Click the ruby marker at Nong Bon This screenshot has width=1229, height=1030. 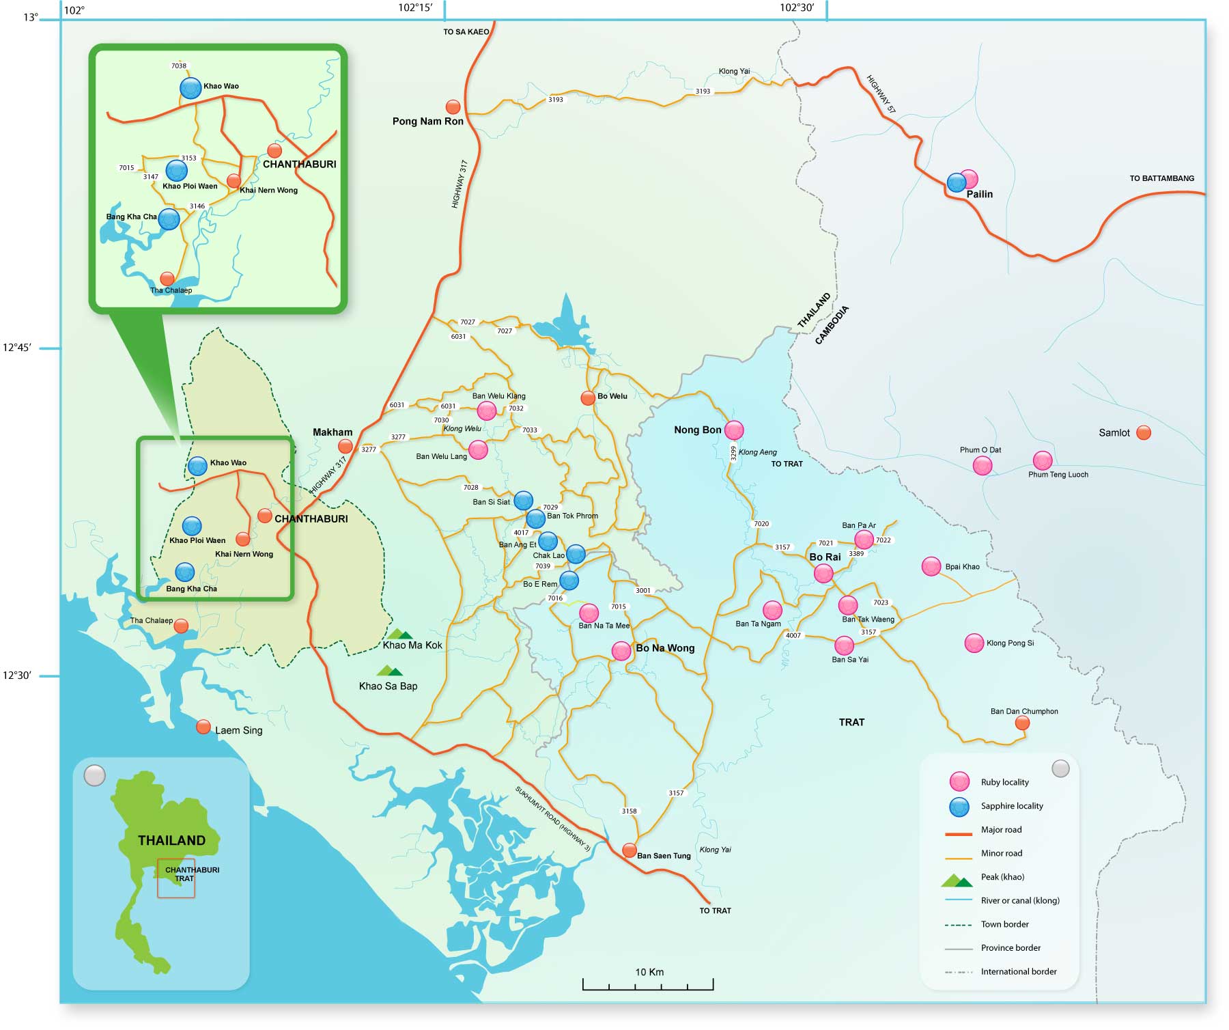pyautogui.click(x=733, y=430)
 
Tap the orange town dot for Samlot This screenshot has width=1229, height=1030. pyautogui.click(x=1143, y=432)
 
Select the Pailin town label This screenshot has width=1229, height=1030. pyautogui.click(x=979, y=194)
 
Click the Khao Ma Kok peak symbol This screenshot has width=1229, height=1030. pyautogui.click(x=399, y=634)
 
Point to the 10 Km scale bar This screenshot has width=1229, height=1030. pyautogui.click(x=647, y=984)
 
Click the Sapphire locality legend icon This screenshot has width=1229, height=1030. pyautogui.click(x=959, y=806)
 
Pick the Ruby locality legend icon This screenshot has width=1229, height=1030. pyautogui.click(x=959, y=782)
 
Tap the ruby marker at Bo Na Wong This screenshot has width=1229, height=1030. pyautogui.click(x=621, y=650)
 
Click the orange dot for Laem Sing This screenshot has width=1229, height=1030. pyautogui.click(x=203, y=727)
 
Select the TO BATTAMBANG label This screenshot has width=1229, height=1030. pyautogui.click(x=1161, y=178)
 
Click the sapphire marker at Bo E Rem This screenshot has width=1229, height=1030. pyautogui.click(x=569, y=581)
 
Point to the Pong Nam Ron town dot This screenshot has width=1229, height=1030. pyautogui.click(x=453, y=107)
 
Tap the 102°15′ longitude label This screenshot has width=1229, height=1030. pyautogui.click(x=416, y=8)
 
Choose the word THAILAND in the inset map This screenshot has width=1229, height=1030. pyautogui.click(x=171, y=841)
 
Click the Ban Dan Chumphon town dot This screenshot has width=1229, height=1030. pyautogui.click(x=1021, y=723)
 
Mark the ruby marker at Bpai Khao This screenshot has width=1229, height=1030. pyautogui.click(x=931, y=566)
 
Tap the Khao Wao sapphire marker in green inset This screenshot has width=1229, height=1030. pyautogui.click(x=190, y=87)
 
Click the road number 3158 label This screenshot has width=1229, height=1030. pyautogui.click(x=629, y=811)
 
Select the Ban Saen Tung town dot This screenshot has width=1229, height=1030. pyautogui.click(x=629, y=850)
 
